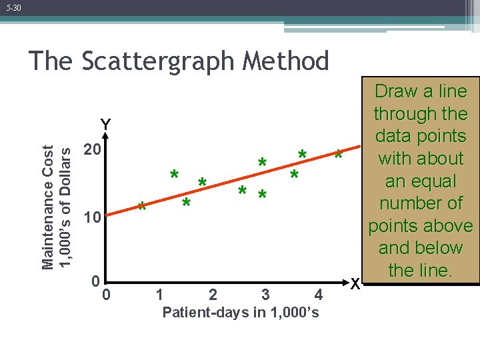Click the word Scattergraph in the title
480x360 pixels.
pyautogui.click(x=157, y=61)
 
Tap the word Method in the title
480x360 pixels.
pyautogui.click(x=287, y=61)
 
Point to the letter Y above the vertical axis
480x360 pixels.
pyautogui.click(x=105, y=125)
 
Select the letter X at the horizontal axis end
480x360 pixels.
pyautogui.click(x=356, y=283)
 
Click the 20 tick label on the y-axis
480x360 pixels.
pyautogui.click(x=92, y=150)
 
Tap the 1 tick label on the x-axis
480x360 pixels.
pyautogui.click(x=159, y=295)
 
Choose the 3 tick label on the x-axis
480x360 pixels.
pyautogui.click(x=265, y=295)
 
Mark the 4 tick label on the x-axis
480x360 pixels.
pyautogui.click(x=318, y=295)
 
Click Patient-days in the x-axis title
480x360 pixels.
pyautogui.click(x=194, y=313)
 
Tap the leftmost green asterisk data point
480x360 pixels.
pyautogui.click(x=141, y=207)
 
